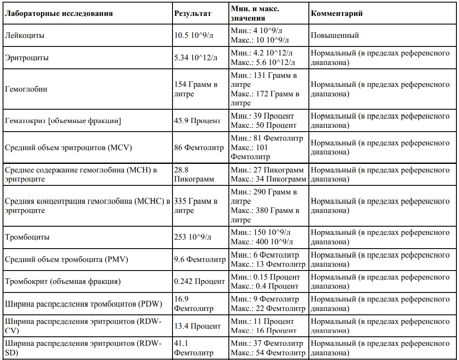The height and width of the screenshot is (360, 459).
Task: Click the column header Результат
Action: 193,13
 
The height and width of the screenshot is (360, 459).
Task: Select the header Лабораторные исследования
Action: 59,13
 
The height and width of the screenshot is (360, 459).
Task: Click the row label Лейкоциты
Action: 25,35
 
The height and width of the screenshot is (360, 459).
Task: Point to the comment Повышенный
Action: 335,35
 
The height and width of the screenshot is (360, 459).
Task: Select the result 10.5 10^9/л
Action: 194,35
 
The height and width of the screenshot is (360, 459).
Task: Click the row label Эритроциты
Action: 27,58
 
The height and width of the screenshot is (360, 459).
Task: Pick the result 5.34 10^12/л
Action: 196,58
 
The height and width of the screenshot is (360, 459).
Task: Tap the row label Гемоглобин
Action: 26,89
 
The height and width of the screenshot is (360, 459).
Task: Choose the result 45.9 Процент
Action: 197,121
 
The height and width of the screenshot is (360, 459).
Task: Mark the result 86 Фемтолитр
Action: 199,148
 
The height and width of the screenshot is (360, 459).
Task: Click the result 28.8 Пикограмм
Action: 194,174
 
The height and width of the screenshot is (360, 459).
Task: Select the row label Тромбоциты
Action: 27,237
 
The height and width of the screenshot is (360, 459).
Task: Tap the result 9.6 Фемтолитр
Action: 200,259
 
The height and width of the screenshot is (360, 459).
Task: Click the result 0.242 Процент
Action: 199,282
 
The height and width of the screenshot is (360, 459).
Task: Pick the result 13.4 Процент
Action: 197,326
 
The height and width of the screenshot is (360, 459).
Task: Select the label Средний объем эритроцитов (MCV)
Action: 68,148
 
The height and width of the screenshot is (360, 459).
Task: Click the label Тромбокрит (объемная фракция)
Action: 63,282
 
